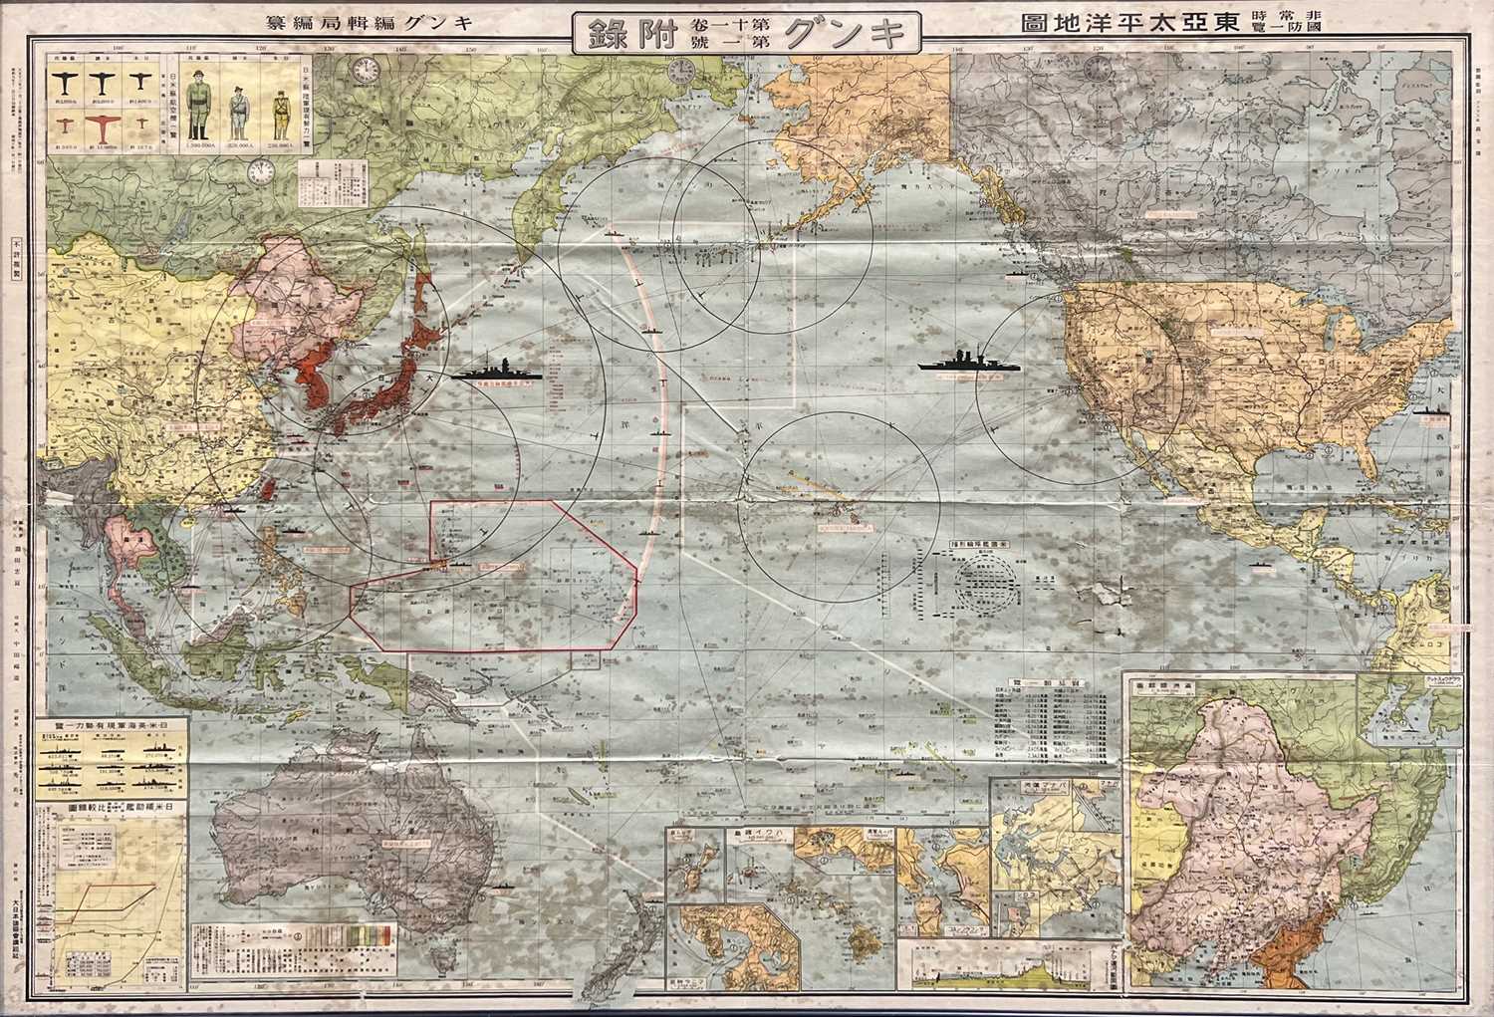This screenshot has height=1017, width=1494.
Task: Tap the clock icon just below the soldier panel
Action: coord(261,171)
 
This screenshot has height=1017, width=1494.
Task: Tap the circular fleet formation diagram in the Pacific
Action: coord(981,588)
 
